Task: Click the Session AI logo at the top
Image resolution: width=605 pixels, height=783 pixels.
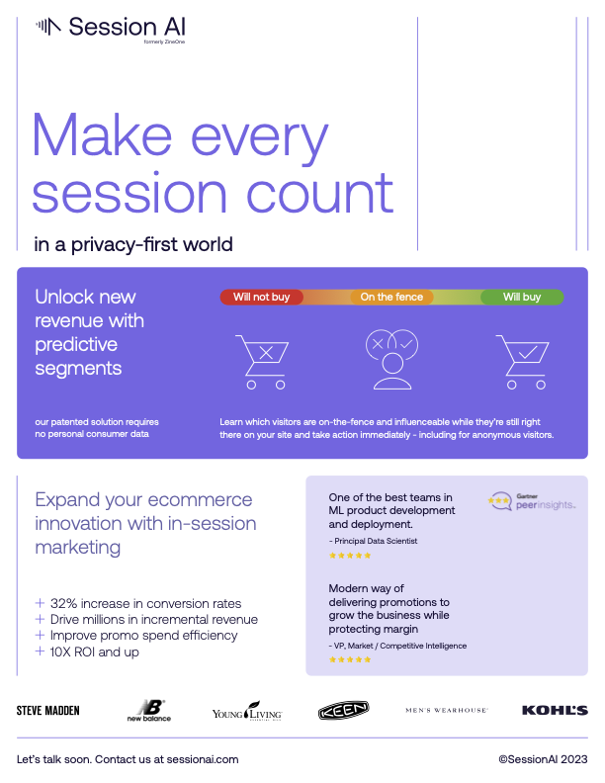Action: pos(111,29)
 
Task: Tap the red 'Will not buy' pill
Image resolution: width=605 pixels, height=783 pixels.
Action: pos(262,298)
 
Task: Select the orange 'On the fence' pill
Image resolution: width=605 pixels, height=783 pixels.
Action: pos(391,298)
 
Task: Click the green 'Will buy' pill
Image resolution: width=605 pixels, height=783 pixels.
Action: pos(522,298)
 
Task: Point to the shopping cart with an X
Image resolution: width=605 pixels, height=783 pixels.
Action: pos(262,362)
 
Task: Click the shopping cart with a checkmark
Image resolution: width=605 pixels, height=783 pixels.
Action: pos(522,362)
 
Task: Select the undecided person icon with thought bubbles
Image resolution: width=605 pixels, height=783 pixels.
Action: pos(391,359)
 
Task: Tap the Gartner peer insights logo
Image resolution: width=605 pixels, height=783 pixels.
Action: pos(532,502)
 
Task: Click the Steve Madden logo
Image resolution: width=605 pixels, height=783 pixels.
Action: pos(47,711)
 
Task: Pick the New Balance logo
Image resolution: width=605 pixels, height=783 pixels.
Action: pos(148,711)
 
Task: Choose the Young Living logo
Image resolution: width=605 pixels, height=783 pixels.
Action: pos(247,711)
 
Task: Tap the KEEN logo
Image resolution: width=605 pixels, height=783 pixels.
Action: pos(343,710)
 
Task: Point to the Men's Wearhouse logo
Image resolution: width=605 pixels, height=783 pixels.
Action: pos(446,710)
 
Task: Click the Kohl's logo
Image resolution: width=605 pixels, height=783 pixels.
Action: pos(555,710)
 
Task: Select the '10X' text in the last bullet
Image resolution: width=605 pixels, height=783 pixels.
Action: pos(60,652)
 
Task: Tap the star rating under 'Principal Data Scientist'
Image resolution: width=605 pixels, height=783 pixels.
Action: pos(350,556)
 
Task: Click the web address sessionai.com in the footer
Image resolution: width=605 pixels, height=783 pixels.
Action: pos(203,759)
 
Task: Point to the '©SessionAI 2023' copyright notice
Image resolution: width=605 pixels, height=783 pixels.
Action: pos(543,759)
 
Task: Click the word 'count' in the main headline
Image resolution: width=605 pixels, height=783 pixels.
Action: pos(320,193)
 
